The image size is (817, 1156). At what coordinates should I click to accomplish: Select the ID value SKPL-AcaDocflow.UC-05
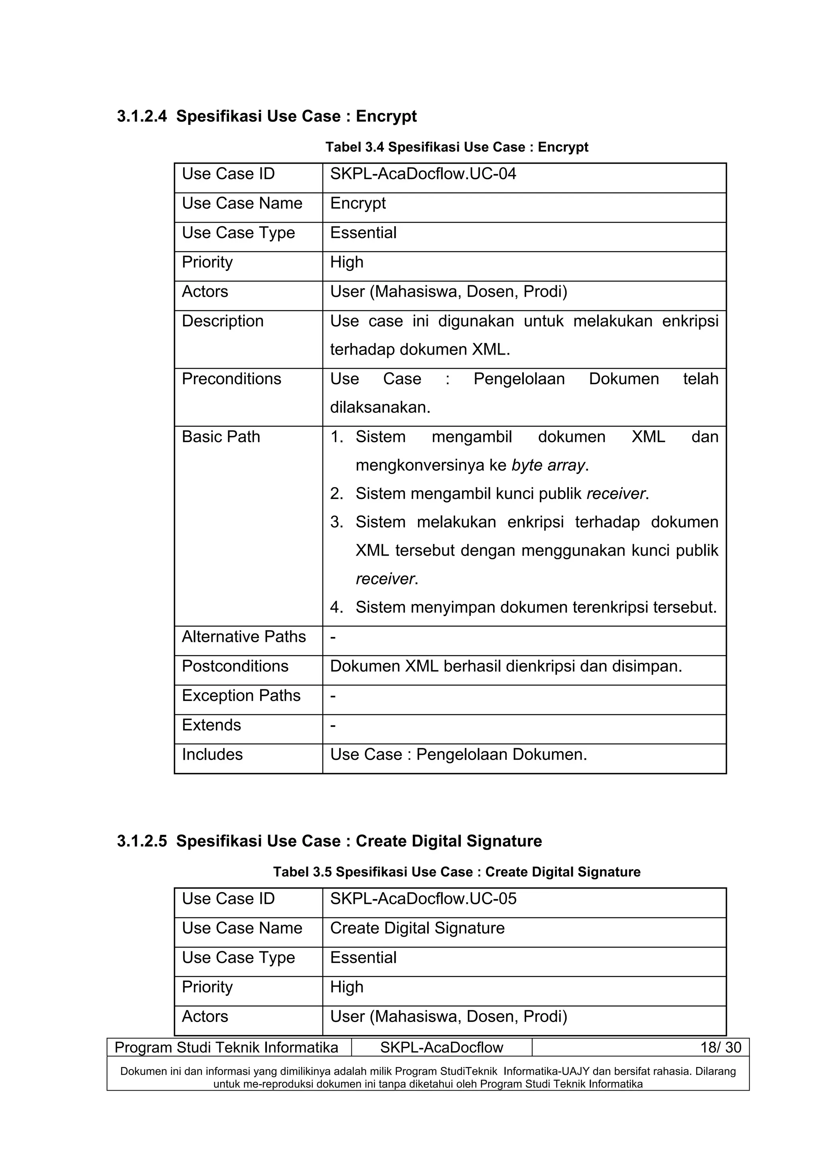423,899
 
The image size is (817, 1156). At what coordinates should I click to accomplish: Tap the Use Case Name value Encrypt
357,203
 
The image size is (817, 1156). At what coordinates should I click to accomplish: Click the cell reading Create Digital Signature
417,928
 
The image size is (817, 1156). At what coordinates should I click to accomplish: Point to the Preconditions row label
231,379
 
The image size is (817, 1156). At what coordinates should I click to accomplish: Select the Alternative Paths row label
244,637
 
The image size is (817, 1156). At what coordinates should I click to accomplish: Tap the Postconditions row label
235,666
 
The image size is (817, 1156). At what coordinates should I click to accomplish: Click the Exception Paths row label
241,696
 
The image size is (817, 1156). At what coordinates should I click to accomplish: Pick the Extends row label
211,725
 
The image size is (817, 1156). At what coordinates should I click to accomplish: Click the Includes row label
212,755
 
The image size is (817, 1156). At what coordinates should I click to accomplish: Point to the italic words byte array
548,465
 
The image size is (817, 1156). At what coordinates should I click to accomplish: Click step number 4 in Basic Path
336,608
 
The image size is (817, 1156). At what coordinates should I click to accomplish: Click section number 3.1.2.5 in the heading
142,841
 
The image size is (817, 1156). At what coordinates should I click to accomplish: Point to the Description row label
223,321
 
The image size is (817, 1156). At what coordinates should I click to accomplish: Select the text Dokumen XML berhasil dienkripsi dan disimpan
505,667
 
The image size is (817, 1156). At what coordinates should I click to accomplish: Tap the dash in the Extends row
333,726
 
